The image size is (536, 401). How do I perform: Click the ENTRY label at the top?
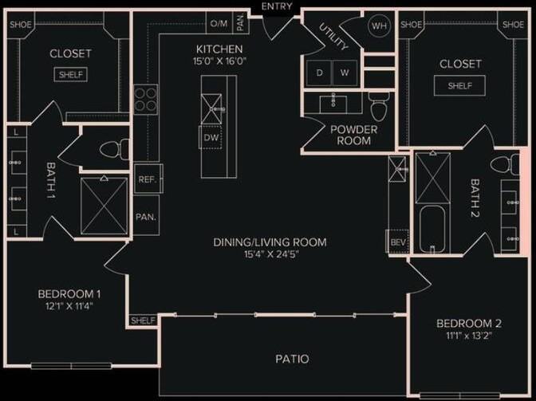[x=277, y=6]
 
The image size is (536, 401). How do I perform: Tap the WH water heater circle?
[x=379, y=25]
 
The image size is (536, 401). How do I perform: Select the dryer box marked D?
[x=319, y=73]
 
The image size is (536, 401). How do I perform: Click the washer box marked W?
[x=345, y=73]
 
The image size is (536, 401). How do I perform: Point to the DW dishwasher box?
[x=211, y=137]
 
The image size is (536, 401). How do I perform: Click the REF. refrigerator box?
[x=146, y=179]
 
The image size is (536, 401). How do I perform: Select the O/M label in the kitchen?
[x=219, y=24]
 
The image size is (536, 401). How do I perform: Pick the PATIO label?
[x=292, y=359]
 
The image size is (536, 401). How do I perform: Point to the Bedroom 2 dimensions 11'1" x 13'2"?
[x=469, y=336]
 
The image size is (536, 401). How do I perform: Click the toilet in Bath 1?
[x=117, y=148]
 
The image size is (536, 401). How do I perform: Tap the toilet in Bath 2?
[x=500, y=166]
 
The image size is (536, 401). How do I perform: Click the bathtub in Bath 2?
[x=432, y=228]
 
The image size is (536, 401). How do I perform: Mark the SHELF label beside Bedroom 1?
[x=142, y=320]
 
